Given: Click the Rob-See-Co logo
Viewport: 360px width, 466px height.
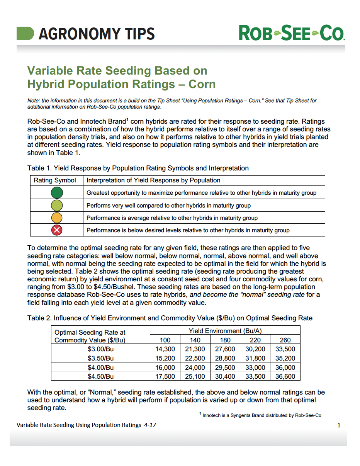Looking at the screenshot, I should point(292,33).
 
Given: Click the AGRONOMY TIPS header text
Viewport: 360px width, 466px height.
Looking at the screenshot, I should point(97,34).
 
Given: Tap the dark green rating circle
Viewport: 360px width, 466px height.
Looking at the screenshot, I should point(57,192).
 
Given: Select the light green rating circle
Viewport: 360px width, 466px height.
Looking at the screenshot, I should point(57,205).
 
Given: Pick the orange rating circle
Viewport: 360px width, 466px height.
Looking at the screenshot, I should point(57,218).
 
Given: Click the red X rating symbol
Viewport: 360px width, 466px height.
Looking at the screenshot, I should point(57,230).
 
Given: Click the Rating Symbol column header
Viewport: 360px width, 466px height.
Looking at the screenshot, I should point(55,180).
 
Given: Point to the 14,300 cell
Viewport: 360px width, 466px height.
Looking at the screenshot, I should point(165,349).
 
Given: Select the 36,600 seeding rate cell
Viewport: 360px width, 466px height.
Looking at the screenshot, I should point(285,376).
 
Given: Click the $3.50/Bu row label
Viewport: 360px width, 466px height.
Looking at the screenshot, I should point(100,359).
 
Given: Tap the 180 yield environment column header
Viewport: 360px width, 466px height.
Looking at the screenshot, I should point(225,340).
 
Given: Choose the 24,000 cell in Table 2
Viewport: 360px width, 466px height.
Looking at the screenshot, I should point(195,367).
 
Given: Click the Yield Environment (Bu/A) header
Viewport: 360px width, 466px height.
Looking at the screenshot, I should point(225,331).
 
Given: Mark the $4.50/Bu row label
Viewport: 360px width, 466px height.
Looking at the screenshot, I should point(100,376).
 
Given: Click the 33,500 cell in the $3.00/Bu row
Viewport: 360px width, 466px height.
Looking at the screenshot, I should point(285,349).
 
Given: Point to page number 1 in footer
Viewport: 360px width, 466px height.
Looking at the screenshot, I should point(339,425).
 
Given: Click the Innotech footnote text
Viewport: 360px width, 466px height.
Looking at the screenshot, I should point(262,415).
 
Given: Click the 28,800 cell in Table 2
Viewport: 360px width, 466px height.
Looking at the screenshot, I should point(225,359).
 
